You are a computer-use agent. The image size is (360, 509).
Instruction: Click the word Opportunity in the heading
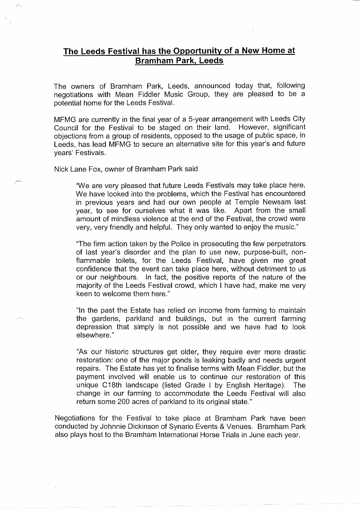200,51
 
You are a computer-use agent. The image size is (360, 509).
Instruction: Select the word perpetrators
279,244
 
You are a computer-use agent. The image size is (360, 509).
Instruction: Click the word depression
94,327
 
